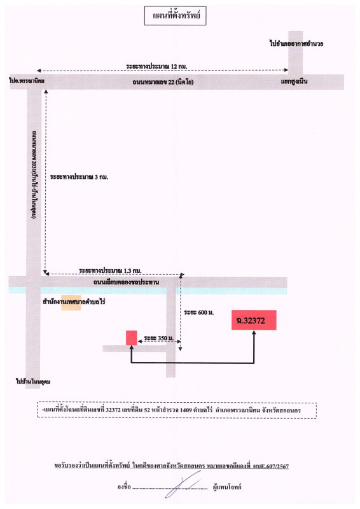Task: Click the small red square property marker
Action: tap(131, 338)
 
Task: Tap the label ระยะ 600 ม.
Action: tap(198, 313)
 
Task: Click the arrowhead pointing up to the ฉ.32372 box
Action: tap(254, 334)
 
